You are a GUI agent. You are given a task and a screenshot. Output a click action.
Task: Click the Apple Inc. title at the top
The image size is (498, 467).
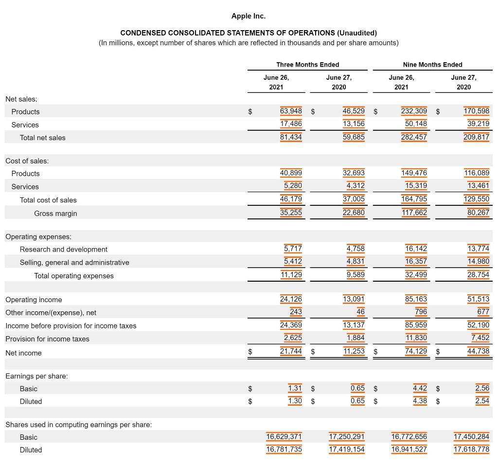248,16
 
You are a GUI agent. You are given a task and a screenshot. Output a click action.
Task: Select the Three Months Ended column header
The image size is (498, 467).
307,65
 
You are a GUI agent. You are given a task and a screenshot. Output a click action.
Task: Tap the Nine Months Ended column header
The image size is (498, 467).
432,65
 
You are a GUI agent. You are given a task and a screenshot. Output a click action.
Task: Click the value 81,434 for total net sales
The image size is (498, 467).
291,137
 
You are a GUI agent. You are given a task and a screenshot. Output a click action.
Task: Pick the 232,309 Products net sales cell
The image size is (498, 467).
414,111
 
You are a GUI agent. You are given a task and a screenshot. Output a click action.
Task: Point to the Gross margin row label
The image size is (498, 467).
55,214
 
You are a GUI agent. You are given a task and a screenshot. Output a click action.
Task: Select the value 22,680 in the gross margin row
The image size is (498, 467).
353,212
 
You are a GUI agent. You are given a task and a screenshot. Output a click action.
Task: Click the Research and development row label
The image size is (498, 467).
63,249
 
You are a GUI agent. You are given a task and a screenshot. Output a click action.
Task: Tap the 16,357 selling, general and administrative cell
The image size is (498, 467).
416,261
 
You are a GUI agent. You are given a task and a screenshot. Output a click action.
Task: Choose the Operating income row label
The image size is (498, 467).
34,300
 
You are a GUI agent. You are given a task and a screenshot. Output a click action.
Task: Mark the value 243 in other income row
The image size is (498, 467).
296,311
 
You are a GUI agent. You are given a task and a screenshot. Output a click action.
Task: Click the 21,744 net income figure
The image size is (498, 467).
291,351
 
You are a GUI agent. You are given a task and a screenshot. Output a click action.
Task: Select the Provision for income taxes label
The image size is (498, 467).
47,339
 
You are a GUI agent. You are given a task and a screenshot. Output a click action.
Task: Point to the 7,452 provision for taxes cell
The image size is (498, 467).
480,338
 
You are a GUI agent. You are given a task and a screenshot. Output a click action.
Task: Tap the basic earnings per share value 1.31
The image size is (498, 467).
295,388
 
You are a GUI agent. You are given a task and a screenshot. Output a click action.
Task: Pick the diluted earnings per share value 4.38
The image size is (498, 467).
420,401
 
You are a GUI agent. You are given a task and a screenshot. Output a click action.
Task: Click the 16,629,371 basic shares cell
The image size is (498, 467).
284,436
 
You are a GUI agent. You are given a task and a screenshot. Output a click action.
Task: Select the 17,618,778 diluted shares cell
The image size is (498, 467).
471,449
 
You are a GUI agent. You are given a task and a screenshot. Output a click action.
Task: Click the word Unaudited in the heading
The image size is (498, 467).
356,33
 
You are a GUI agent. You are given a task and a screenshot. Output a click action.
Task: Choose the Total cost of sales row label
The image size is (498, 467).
48,200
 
